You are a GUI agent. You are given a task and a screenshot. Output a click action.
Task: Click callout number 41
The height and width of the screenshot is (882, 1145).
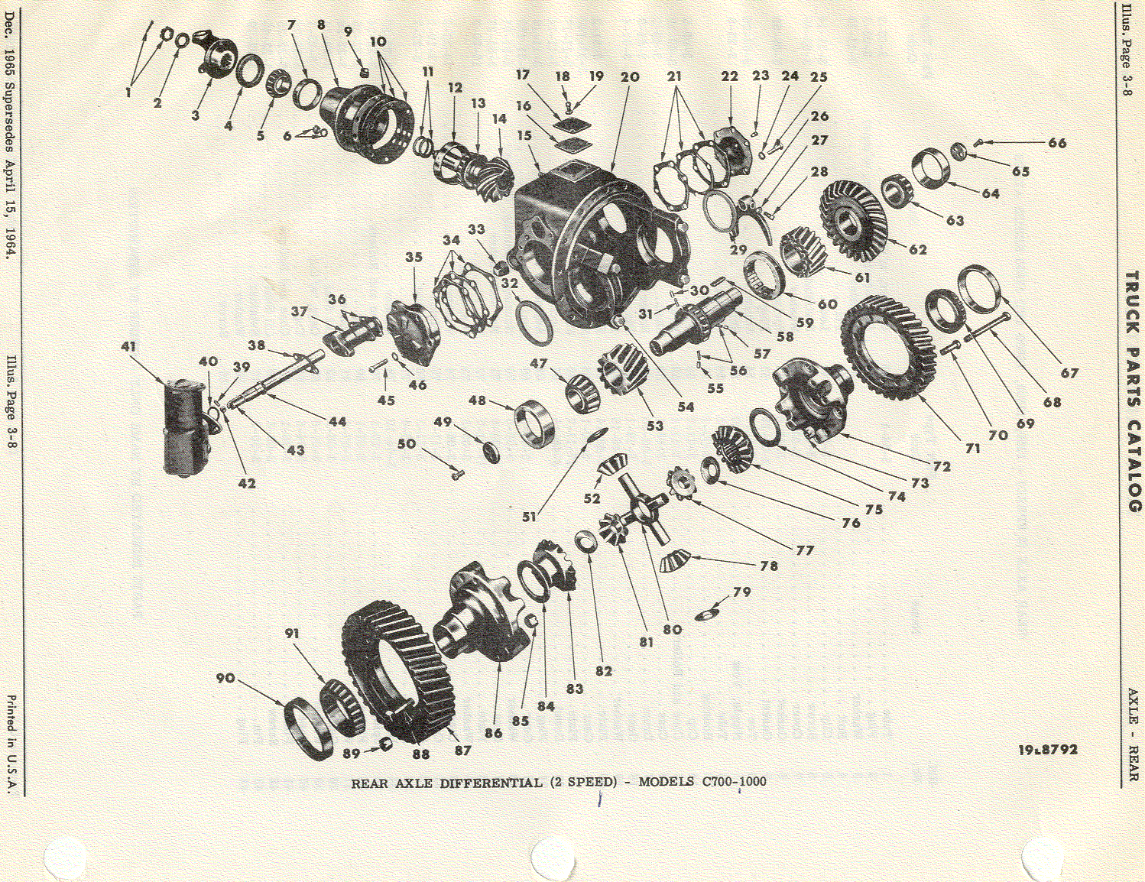[128, 347]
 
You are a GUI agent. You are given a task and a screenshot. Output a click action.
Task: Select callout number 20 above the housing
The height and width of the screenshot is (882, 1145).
[630, 77]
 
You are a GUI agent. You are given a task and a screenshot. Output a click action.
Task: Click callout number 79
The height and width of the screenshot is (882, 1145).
[742, 593]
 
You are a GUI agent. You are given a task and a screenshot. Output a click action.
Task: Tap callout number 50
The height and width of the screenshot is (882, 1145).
[407, 444]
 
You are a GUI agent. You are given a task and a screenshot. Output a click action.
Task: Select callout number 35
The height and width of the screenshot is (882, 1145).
[414, 258]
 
